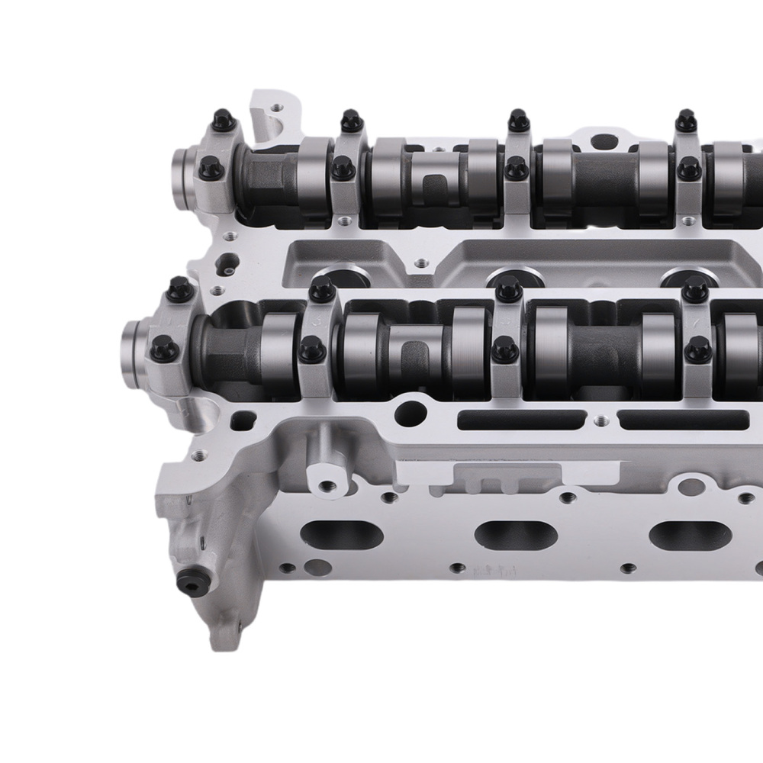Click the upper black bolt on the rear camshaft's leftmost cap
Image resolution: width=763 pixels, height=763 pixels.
click(221, 120)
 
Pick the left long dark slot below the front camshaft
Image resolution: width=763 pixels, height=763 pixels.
click(523, 419)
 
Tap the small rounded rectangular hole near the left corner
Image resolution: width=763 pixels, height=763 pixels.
click(243, 418)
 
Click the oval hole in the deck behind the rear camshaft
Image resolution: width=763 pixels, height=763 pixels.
click(604, 141)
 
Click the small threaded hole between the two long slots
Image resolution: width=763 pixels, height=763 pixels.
click(602, 418)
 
